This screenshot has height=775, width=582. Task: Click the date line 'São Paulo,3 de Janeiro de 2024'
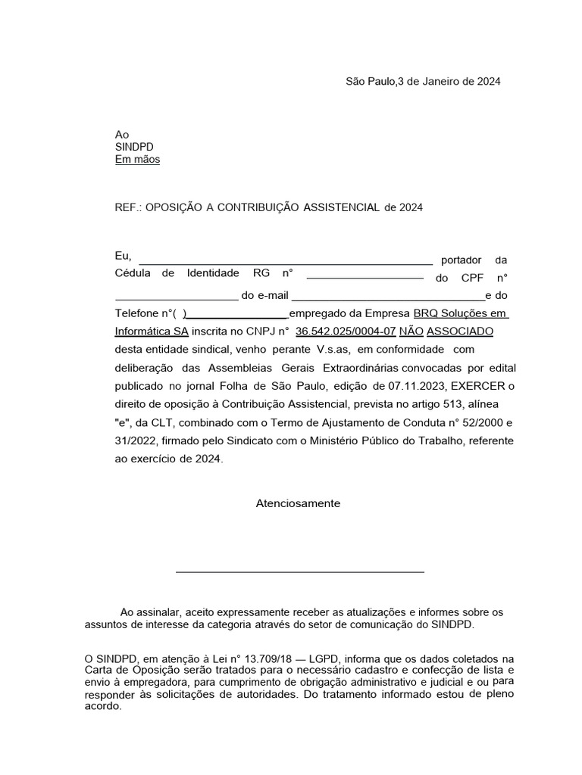point(422,81)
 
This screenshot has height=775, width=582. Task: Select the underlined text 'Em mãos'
point(137,160)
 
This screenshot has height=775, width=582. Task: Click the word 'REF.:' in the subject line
point(127,207)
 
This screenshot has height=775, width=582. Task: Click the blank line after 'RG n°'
point(365,278)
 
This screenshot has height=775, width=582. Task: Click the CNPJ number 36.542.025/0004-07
point(346,331)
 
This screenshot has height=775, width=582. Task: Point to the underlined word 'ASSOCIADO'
point(461,331)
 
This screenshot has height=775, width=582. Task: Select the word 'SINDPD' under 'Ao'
point(133,147)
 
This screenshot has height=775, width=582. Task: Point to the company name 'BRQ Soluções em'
point(461,313)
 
